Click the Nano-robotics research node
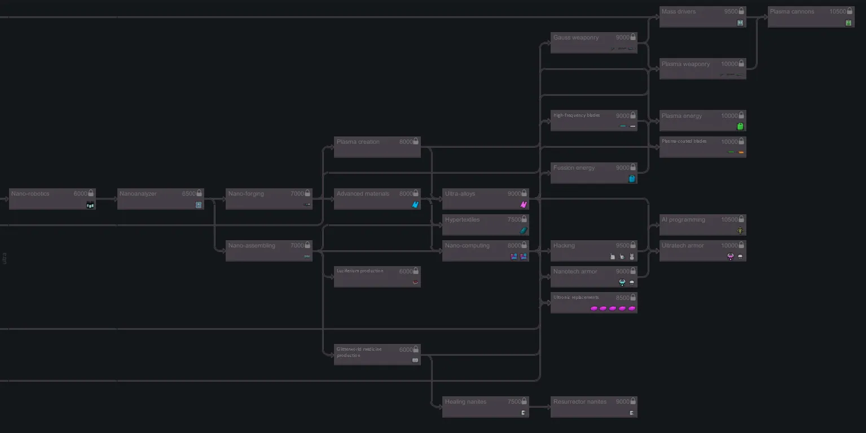pyautogui.click(x=52, y=199)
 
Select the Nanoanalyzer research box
pyautogui.click(x=160, y=199)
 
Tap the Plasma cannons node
pyautogui.click(x=811, y=17)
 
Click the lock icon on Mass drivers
pyautogui.click(x=742, y=11)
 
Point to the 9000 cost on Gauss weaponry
pyautogui.click(x=622, y=38)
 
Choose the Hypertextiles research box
pyautogui.click(x=485, y=225)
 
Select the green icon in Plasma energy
pyautogui.click(x=740, y=126)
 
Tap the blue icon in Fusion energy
pyautogui.click(x=632, y=179)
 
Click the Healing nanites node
pyautogui.click(x=485, y=407)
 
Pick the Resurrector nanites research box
pyautogui.click(x=594, y=407)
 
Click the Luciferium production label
pyautogui.click(x=360, y=271)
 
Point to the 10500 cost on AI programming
pyautogui.click(x=729, y=220)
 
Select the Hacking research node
pyautogui.click(x=594, y=251)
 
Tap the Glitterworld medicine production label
pyautogui.click(x=359, y=352)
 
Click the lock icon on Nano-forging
pyautogui.click(x=307, y=193)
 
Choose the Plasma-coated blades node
pyautogui.click(x=702, y=147)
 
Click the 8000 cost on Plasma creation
pyautogui.click(x=406, y=142)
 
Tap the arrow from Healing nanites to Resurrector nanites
pyautogui.click(x=540, y=407)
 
